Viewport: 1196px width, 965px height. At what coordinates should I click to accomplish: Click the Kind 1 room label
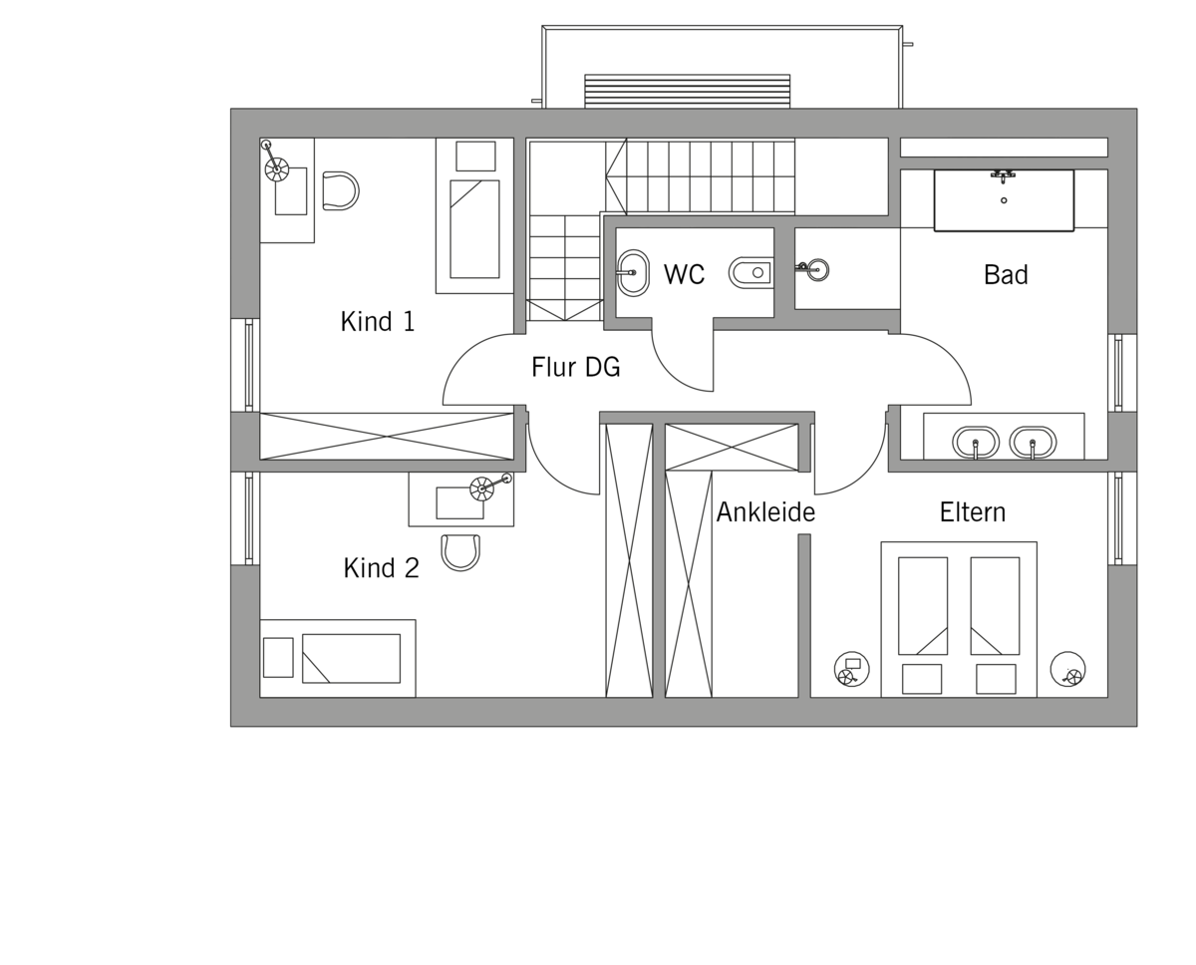coord(378,321)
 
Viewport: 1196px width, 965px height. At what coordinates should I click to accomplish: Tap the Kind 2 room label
coord(382,567)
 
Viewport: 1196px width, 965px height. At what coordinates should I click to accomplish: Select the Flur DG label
coord(576,367)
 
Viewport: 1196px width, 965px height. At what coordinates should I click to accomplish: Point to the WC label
coord(684,274)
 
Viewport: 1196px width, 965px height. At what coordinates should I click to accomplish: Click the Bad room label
coord(1006,274)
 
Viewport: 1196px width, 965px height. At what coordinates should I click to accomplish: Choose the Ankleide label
coord(765,512)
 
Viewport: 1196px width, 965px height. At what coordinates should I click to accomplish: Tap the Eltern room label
coord(973,512)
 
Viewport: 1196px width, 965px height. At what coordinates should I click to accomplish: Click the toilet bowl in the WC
coord(750,273)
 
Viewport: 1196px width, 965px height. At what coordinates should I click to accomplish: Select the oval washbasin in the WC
coord(633,273)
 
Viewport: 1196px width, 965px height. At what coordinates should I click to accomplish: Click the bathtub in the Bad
coord(1004,200)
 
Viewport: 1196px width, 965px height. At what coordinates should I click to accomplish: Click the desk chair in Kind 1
coord(341,190)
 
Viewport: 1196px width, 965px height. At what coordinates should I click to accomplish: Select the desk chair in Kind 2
coord(460,553)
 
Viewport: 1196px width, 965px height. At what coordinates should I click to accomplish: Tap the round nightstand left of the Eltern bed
coord(852,669)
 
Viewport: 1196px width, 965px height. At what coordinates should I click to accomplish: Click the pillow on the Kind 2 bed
coord(278,658)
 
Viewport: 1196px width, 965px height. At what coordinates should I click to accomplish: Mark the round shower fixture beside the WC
coord(817,269)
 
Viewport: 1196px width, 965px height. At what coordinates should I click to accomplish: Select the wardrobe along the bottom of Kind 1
coord(387,437)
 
